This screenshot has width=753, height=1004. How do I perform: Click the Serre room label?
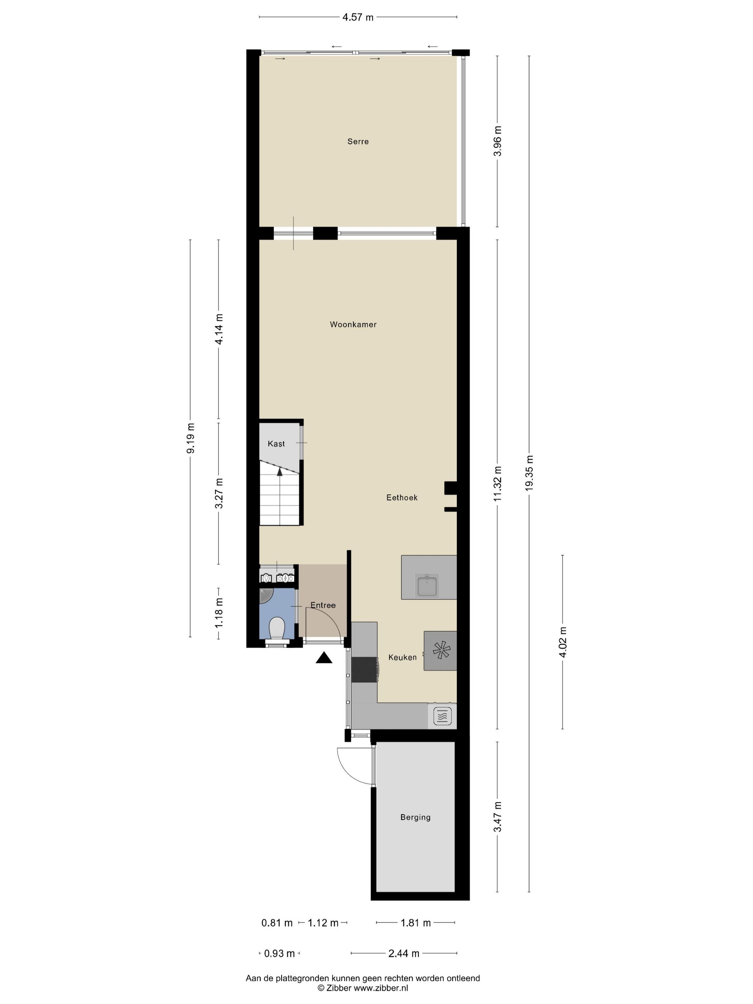click(357, 142)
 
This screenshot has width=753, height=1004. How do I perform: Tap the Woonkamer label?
click(353, 325)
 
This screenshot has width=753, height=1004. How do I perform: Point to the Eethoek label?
click(402, 497)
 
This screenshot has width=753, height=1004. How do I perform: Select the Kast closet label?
click(276, 444)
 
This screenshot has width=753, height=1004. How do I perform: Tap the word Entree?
click(323, 605)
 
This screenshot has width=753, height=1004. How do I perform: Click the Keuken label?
click(402, 657)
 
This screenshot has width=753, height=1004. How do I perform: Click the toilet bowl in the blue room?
click(276, 628)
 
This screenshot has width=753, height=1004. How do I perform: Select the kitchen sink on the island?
click(427, 585)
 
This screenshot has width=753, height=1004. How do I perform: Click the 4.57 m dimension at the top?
click(357, 17)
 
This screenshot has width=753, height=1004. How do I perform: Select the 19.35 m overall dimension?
click(529, 472)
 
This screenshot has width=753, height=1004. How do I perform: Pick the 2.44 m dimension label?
click(403, 953)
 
